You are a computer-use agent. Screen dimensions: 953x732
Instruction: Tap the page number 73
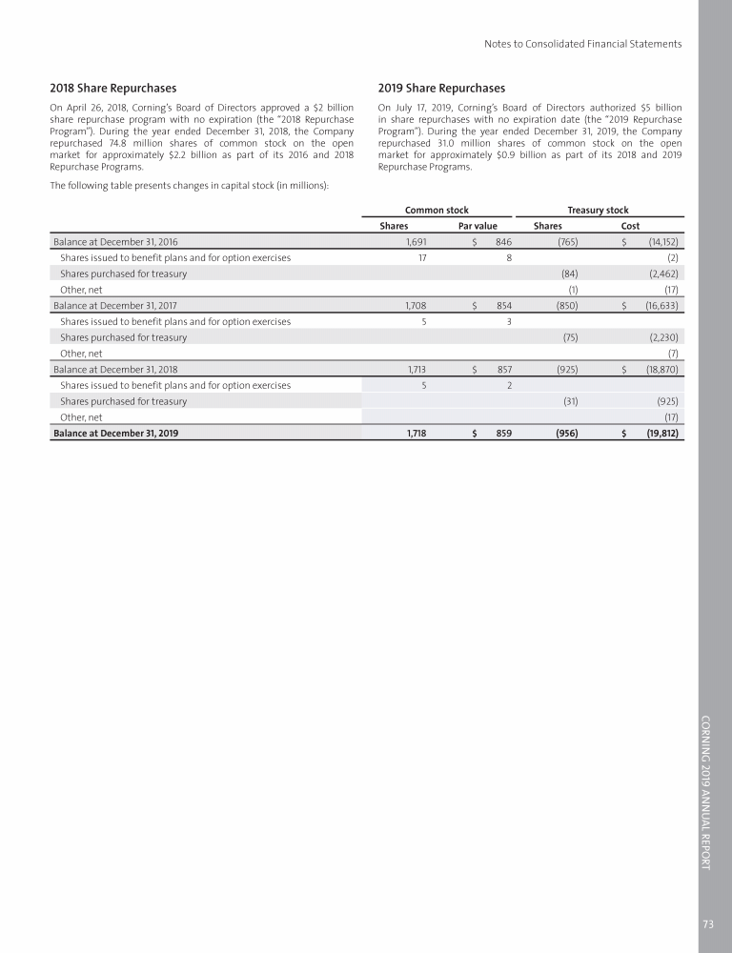pyautogui.click(x=707, y=923)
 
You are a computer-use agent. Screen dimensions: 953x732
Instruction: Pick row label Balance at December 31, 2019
pyautogui.click(x=115, y=433)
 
